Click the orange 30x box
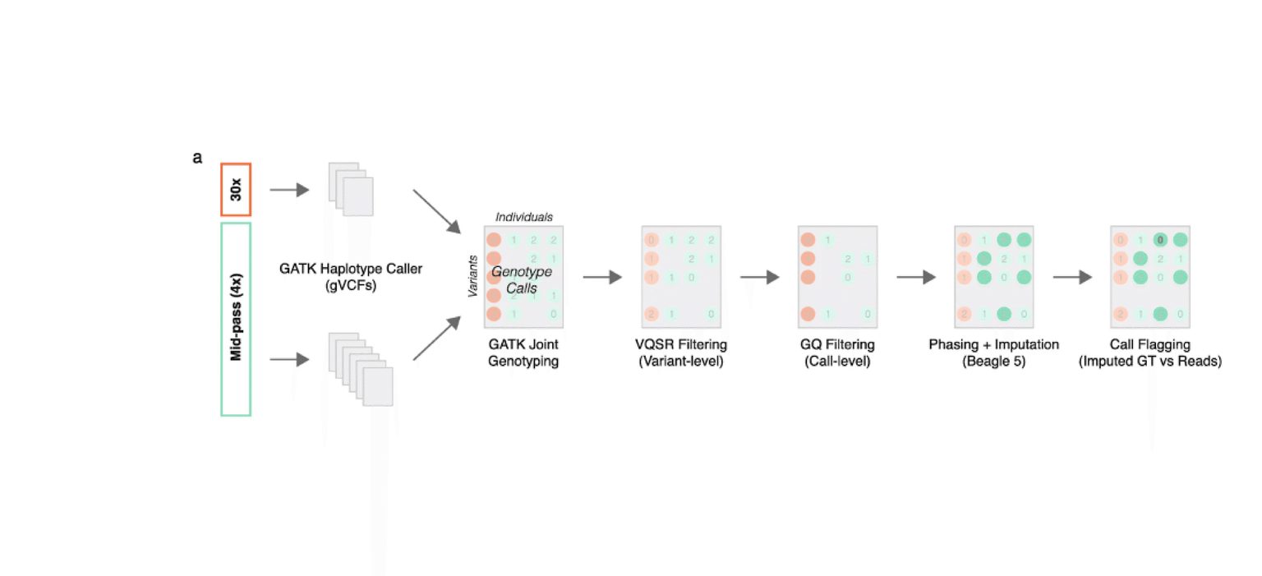click(235, 190)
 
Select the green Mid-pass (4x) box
click(236, 319)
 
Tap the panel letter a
click(197, 158)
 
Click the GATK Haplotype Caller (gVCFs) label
click(350, 276)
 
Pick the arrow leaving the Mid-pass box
click(288, 359)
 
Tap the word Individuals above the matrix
click(523, 217)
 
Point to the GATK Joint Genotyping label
click(523, 353)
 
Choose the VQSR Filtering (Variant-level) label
click(680, 353)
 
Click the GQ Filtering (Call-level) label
click(837, 353)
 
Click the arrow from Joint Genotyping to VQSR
click(602, 278)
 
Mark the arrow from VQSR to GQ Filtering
click(759, 278)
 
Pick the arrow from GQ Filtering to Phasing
click(916, 278)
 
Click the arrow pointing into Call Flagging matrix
click(1072, 278)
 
